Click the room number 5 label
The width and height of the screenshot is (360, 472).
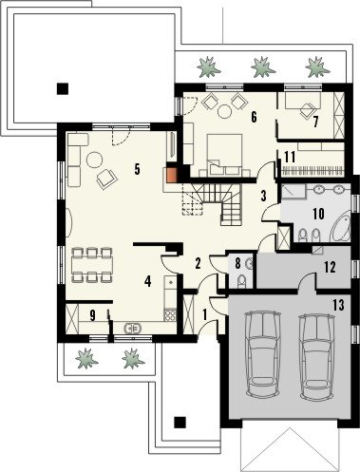(137, 169)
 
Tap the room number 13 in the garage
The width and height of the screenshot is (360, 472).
(338, 305)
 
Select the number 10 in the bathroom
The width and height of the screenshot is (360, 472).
(318, 214)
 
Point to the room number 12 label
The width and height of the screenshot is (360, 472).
(330, 267)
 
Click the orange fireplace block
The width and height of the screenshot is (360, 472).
(173, 175)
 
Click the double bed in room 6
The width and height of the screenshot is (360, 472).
(224, 154)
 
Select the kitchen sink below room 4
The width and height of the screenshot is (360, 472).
(133, 329)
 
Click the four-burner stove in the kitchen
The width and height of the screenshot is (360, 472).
(170, 315)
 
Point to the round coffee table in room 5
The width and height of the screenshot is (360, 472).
(95, 160)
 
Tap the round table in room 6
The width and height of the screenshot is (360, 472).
(225, 111)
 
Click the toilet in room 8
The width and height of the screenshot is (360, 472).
(242, 281)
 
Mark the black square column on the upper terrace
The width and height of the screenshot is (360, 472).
(63, 88)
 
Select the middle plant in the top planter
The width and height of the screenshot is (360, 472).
(262, 66)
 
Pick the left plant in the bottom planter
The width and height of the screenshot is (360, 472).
(85, 358)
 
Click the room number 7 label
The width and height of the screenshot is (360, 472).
(315, 122)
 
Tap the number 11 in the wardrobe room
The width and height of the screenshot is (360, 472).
(290, 157)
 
